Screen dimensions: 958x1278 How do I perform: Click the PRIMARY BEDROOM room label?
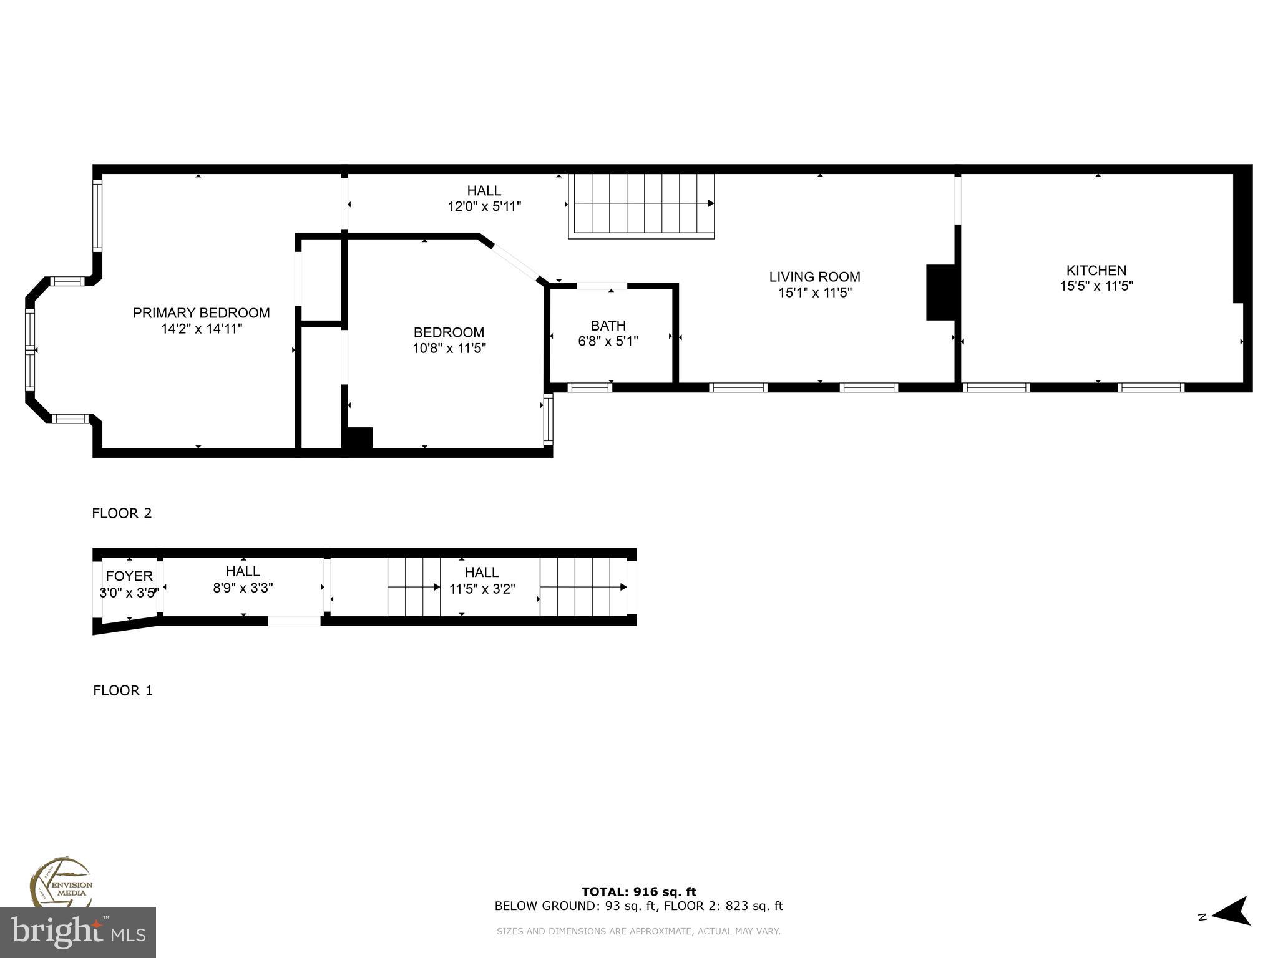[201, 313]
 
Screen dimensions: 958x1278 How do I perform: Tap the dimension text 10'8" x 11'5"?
[449, 348]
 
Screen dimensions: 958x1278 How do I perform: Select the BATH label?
[608, 326]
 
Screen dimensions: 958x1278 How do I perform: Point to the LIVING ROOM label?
[814, 277]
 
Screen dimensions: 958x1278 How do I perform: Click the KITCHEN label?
[1096, 271]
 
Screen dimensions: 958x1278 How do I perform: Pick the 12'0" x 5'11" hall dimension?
[484, 206]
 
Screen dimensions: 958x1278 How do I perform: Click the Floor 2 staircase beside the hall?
[641, 205]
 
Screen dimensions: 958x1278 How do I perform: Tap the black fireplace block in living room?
[940, 293]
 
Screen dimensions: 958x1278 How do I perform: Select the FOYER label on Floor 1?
[129, 576]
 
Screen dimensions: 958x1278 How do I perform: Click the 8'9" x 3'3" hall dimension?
[243, 588]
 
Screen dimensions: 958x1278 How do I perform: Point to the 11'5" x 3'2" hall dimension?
[482, 589]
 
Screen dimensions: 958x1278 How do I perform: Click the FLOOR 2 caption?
[122, 513]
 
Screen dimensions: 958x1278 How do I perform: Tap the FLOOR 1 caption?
[122, 690]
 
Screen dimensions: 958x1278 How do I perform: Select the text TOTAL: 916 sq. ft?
[638, 892]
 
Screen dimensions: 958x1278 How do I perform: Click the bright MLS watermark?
[78, 932]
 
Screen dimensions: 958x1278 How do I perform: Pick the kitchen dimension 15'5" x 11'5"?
[1096, 286]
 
